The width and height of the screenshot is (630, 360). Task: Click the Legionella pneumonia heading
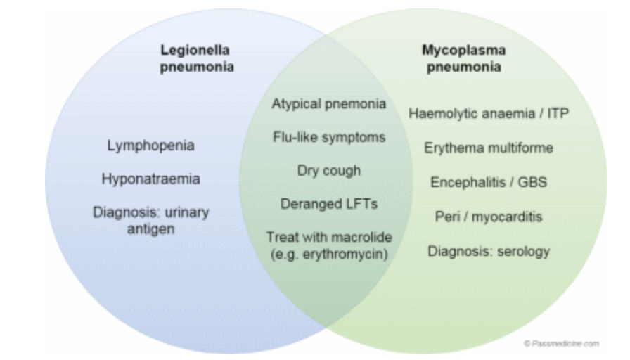point(195,60)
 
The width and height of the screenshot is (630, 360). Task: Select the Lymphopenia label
point(150,146)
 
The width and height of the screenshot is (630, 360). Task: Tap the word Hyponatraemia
point(150,179)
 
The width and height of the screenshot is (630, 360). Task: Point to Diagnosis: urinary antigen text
point(150,219)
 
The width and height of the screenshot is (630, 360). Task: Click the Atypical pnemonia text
point(329,104)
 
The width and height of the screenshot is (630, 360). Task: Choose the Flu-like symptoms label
point(329,137)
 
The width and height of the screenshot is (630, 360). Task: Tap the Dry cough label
point(329,170)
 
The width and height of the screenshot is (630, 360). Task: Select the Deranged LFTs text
point(329,204)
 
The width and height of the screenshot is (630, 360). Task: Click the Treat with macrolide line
point(329,237)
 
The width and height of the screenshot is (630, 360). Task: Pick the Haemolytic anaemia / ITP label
point(488,114)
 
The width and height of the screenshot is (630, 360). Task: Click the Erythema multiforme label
point(488,148)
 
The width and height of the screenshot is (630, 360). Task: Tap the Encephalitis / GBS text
point(488,181)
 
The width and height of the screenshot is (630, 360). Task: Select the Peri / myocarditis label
point(488,216)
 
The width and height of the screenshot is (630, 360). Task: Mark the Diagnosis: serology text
point(488,251)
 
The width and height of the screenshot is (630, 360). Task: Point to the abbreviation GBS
point(532,181)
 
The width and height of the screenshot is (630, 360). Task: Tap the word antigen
point(150,228)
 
